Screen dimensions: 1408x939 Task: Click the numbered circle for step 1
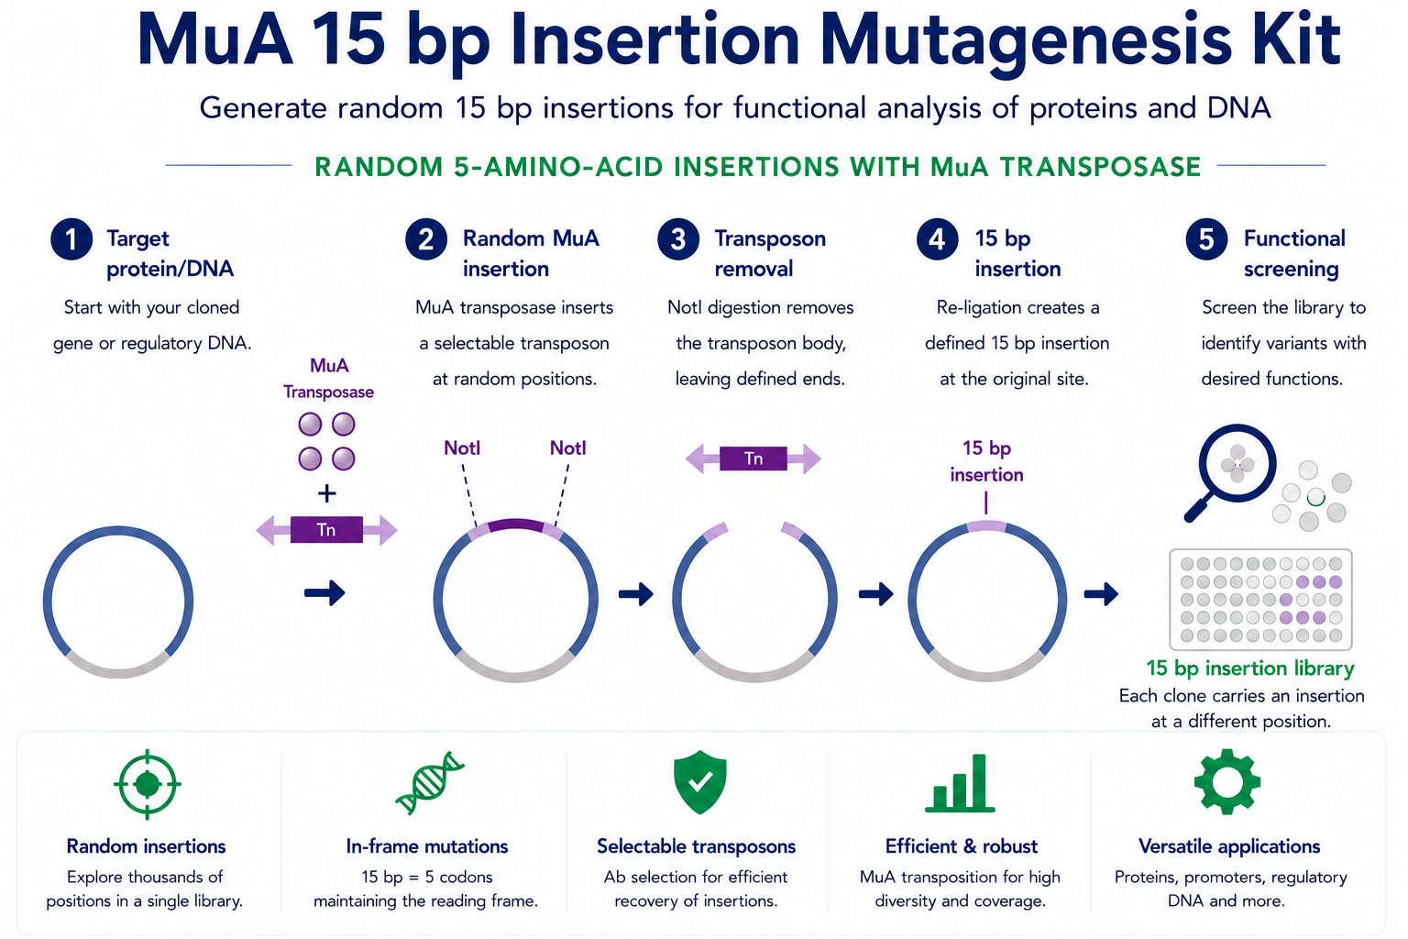click(x=71, y=239)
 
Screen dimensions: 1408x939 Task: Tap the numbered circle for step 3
click(x=678, y=239)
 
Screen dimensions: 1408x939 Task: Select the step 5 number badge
click(x=1206, y=239)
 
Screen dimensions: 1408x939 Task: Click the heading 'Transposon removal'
click(x=770, y=253)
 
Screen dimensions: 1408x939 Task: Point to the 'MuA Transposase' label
click(x=328, y=379)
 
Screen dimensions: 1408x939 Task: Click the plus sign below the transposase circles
click(x=326, y=493)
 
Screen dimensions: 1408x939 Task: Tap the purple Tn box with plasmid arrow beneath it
click(x=326, y=530)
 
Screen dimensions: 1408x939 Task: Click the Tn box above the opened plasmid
click(x=753, y=458)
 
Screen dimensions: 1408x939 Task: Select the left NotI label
click(x=462, y=448)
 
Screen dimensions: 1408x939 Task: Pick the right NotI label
click(x=567, y=448)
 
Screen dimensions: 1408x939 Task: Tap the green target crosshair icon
click(x=147, y=784)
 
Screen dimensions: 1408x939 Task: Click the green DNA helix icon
click(x=430, y=783)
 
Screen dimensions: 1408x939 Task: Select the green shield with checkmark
click(x=699, y=783)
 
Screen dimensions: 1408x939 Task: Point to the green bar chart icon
click(x=960, y=783)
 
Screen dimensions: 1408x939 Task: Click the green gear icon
click(x=1227, y=782)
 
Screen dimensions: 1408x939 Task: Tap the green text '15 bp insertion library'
click(x=1250, y=668)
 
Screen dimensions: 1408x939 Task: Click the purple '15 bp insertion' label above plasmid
click(x=986, y=461)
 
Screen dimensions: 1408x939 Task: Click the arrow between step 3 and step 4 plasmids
click(x=876, y=593)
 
